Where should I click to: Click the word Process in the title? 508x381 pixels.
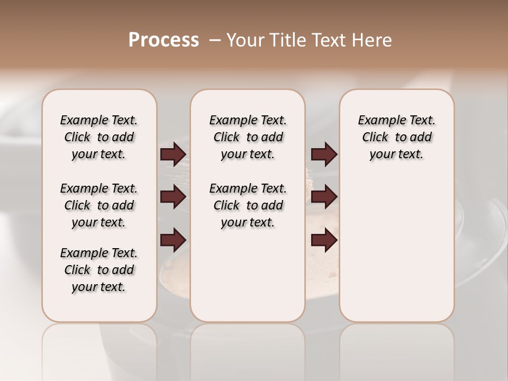click(164, 40)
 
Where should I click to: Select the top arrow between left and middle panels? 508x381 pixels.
click(173, 155)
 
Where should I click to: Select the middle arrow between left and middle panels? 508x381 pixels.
click(173, 197)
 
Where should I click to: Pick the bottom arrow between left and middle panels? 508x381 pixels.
click(173, 240)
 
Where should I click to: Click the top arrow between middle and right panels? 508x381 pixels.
click(324, 155)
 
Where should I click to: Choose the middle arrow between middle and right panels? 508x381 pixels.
click(324, 197)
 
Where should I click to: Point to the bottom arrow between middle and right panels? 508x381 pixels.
click(324, 240)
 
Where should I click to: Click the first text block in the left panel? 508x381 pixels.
click(99, 137)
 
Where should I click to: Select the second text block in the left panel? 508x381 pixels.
click(99, 205)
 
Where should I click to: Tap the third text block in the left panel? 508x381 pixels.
click(99, 270)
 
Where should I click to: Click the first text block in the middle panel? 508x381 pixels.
click(248, 137)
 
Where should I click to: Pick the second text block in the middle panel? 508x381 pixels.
click(248, 205)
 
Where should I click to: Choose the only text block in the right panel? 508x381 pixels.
click(396, 137)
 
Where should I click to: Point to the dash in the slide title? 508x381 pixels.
click(215, 40)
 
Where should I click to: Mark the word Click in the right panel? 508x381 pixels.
click(375, 138)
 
